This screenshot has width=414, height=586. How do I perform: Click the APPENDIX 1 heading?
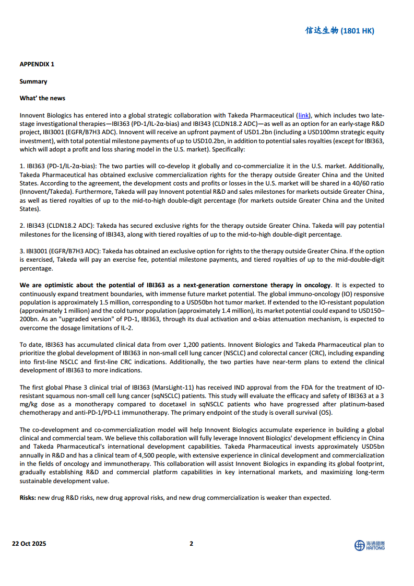pyautogui.click(x=37, y=64)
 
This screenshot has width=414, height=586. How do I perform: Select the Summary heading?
pyautogui.click(x=33, y=81)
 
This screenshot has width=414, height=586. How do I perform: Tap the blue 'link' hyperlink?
pyautogui.click(x=304, y=115)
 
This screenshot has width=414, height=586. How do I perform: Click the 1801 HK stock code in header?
pyautogui.click(x=358, y=31)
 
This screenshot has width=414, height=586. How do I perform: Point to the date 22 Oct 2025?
pyautogui.click(x=29, y=544)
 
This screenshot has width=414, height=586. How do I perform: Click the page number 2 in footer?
pyautogui.click(x=191, y=544)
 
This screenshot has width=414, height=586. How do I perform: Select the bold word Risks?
pyautogui.click(x=28, y=498)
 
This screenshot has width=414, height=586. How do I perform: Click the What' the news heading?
pyautogui.click(x=42, y=98)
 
